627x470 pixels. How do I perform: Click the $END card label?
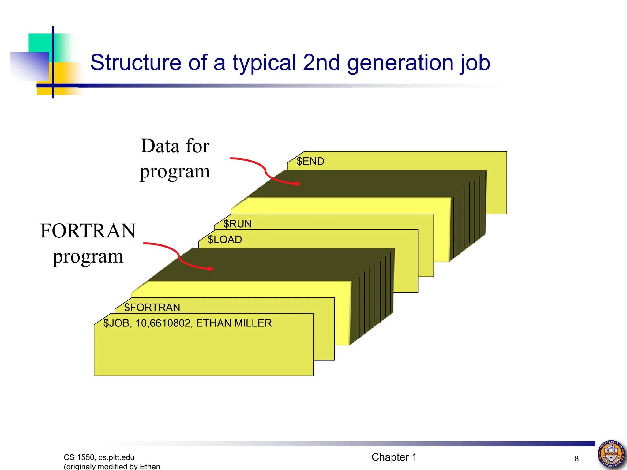tap(310, 161)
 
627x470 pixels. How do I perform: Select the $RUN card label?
tap(237, 224)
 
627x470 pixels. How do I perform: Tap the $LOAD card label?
tap(225, 240)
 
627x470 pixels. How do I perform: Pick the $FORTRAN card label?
tap(152, 308)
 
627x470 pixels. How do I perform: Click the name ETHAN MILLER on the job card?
tap(234, 323)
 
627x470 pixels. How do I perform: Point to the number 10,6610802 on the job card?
tap(163, 323)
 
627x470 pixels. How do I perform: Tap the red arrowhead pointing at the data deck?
tap(297, 184)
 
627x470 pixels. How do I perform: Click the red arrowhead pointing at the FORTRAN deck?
tap(211, 269)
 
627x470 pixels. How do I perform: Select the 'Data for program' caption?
tap(175, 159)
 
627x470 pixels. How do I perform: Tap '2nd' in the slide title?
tap(321, 63)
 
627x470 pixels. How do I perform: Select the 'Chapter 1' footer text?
tap(394, 457)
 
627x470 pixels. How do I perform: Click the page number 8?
tap(576, 459)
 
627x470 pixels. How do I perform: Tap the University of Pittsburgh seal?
tap(611, 455)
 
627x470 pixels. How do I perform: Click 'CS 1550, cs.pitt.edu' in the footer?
tap(99, 457)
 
